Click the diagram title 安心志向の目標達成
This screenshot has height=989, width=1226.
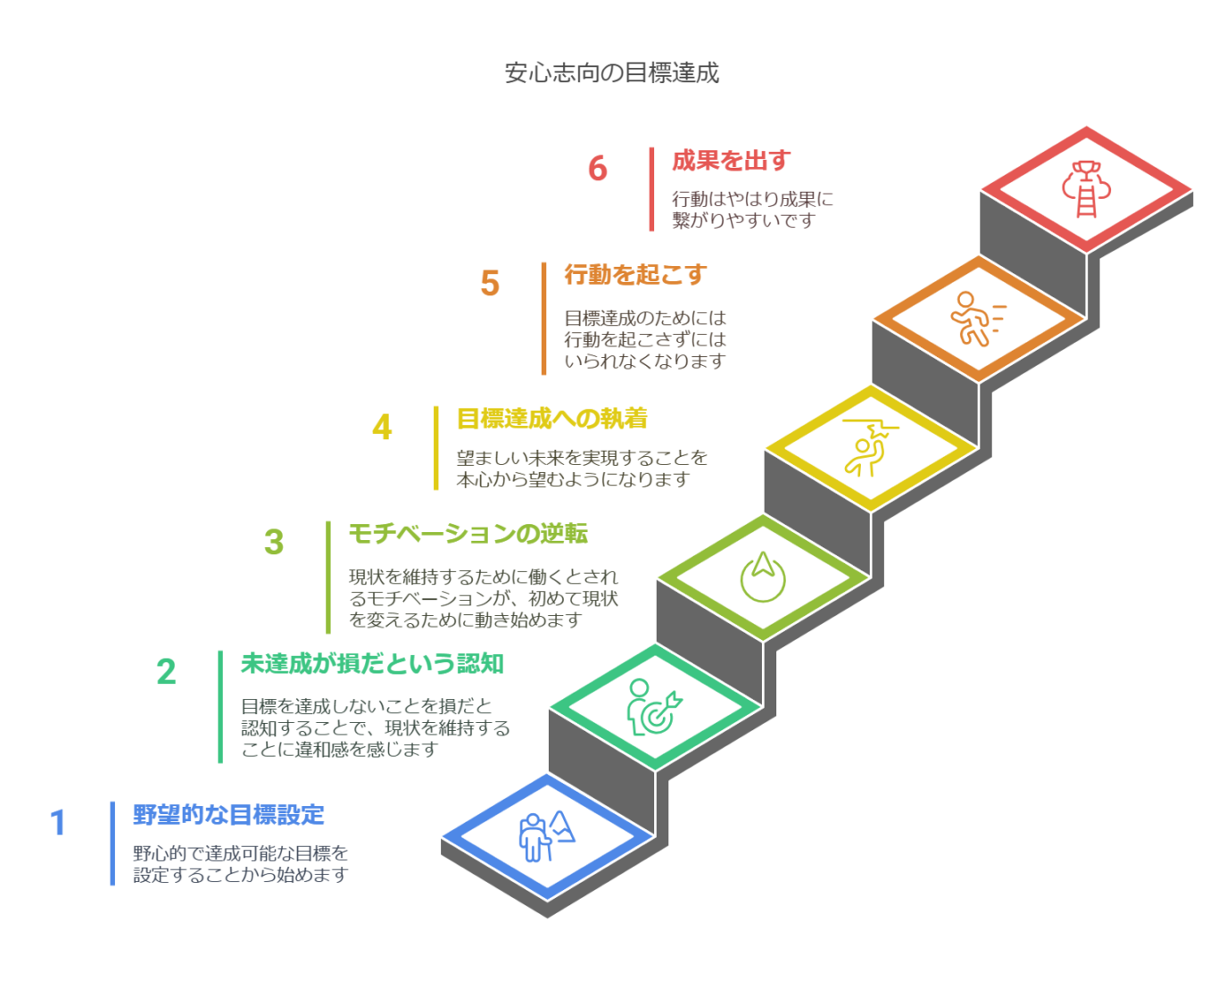(x=612, y=73)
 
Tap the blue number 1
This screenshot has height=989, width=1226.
(x=57, y=823)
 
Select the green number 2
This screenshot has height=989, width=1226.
(x=166, y=671)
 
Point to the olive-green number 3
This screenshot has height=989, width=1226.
(x=274, y=542)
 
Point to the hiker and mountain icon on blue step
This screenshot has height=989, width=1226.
(x=546, y=836)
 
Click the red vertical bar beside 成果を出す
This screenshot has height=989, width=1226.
(x=651, y=189)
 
